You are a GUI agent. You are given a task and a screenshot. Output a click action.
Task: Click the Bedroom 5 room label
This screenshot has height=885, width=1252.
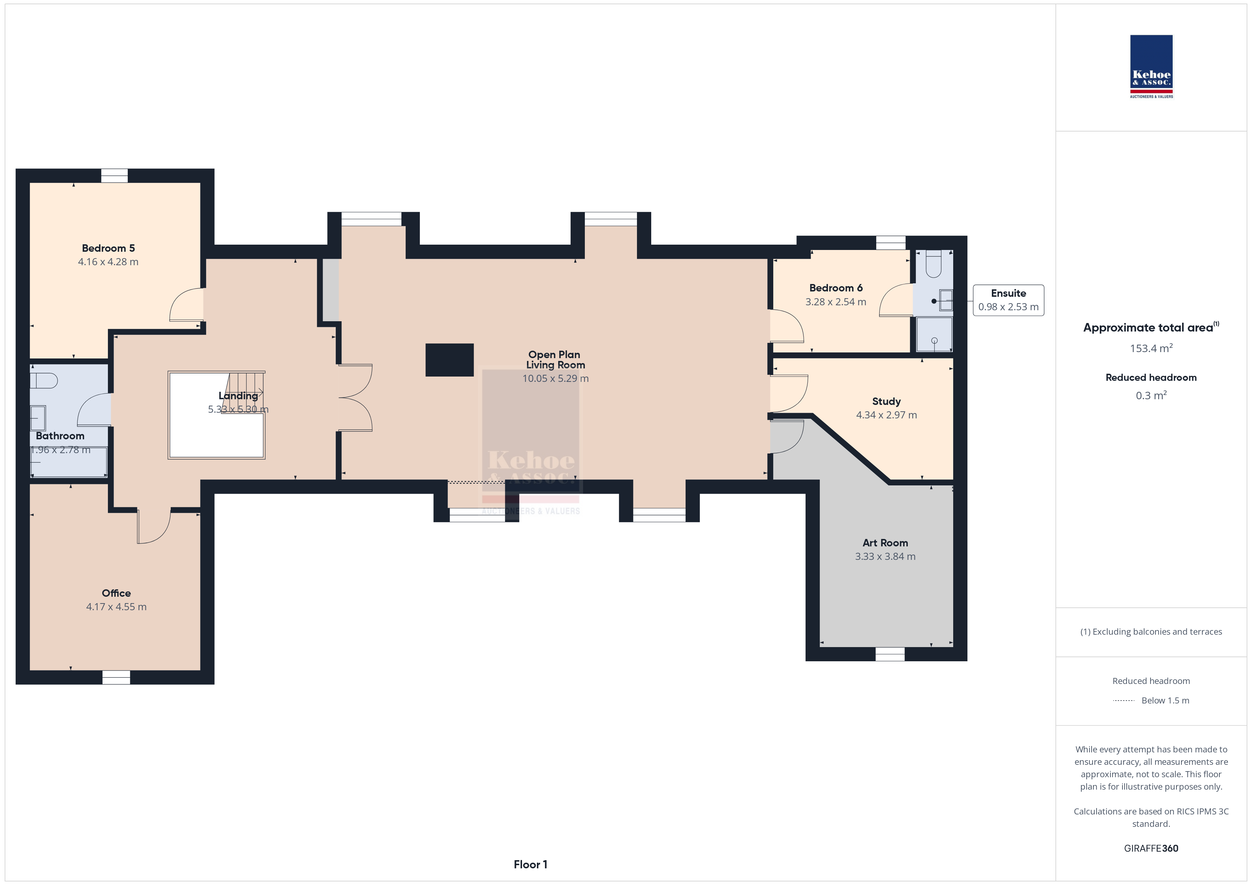point(108,248)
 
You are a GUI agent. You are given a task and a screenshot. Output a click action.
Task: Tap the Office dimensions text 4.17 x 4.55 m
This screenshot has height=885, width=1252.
point(116,607)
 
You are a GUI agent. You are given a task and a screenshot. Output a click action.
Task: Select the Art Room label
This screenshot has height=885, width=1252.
point(885,543)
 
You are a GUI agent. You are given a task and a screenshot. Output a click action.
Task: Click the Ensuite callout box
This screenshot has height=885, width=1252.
point(1008,300)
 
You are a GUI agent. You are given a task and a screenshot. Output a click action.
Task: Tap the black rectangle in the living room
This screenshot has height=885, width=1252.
point(449,360)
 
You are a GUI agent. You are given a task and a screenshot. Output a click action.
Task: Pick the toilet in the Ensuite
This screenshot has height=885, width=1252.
point(934,264)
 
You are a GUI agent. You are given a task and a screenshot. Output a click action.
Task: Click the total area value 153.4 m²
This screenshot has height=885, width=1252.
point(1151,348)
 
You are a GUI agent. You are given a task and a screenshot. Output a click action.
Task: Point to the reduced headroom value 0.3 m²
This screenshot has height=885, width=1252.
point(1151,395)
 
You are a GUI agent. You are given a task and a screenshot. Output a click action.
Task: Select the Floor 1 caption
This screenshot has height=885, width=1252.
point(530,864)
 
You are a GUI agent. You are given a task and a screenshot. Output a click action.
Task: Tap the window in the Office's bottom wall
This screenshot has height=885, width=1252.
point(116,677)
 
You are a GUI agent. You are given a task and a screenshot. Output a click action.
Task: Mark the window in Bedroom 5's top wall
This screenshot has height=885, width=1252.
point(115,176)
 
